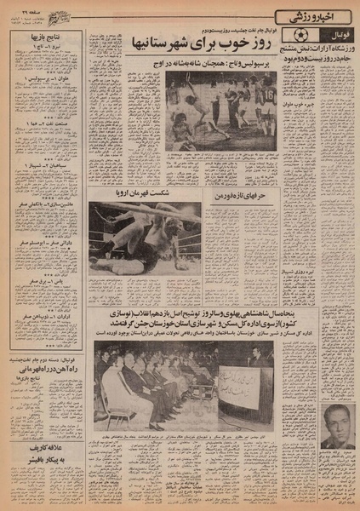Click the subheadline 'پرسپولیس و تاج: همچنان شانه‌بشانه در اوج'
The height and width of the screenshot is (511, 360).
click(217, 63)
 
